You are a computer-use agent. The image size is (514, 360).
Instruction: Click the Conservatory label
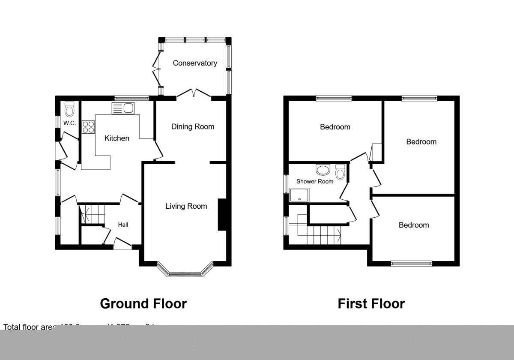tap(195, 63)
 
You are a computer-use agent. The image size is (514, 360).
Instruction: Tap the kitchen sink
tap(123, 108)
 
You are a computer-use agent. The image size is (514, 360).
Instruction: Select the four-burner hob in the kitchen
tap(89, 127)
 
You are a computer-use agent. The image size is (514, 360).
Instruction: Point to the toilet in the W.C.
tap(69, 110)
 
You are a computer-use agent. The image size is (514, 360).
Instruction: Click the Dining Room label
tap(193, 126)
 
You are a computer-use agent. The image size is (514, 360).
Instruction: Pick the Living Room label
tap(186, 206)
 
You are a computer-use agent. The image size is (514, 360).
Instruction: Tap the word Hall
tap(123, 225)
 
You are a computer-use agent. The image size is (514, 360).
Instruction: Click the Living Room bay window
tap(185, 270)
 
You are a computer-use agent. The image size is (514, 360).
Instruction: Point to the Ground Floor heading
tap(143, 303)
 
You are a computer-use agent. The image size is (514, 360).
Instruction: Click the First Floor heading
tap(371, 303)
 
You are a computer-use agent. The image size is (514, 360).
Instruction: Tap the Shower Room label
tap(315, 181)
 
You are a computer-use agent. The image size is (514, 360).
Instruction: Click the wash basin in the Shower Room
tap(323, 171)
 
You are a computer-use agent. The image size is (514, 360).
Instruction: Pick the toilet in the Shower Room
tap(341, 172)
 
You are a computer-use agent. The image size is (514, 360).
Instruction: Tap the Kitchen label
tap(117, 138)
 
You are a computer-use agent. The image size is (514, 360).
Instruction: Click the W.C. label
tap(69, 123)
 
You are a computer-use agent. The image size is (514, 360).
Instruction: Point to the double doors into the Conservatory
tap(194, 93)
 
